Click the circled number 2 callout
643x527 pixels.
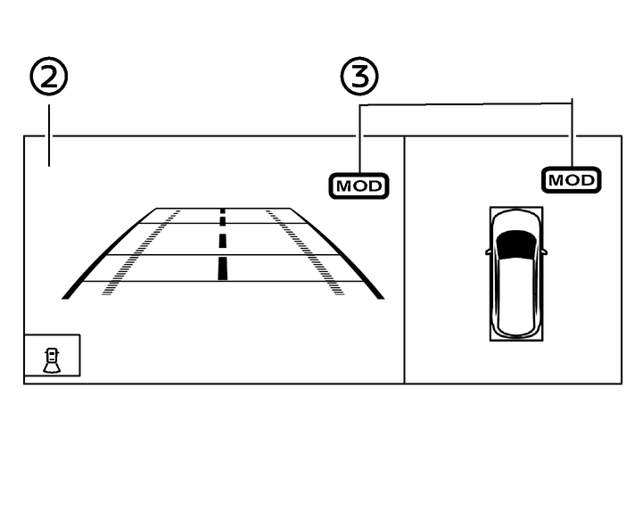[49, 77]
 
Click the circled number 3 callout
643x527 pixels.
[359, 77]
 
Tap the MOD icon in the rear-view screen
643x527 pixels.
[359, 186]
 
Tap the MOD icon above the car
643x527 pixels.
[572, 180]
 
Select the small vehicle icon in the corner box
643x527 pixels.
[52, 361]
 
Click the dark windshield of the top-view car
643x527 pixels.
[516, 244]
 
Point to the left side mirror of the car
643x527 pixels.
[489, 251]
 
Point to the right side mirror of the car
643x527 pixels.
[544, 251]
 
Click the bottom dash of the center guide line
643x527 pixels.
[223, 268]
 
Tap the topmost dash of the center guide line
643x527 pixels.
[223, 210]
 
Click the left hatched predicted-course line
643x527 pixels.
[141, 252]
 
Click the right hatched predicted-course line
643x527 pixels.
[305, 252]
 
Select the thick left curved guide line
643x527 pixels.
[109, 253]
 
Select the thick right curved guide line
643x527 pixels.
[337, 253]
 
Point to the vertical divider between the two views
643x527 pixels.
[404, 260]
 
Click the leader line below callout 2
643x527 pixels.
[49, 136]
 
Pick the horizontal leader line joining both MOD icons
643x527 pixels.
[466, 104]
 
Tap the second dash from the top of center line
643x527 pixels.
[223, 221]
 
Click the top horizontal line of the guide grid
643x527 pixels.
[223, 209]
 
